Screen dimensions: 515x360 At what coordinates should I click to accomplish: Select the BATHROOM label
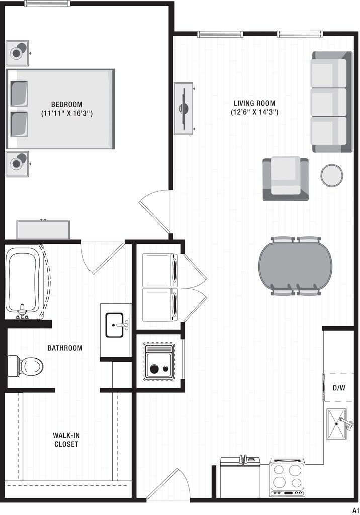click(65, 348)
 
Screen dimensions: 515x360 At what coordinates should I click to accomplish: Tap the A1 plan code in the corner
click(355, 509)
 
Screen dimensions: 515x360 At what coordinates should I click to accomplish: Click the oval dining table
click(295, 266)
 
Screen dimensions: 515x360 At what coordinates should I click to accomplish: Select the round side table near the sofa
click(332, 175)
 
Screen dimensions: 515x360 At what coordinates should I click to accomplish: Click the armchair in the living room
click(286, 179)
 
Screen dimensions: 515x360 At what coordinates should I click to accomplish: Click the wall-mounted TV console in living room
click(184, 108)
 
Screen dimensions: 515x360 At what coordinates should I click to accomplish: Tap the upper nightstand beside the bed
click(18, 53)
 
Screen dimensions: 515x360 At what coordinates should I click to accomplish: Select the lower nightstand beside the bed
click(18, 163)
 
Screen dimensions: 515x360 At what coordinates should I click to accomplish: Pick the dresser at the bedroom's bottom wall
click(45, 230)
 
